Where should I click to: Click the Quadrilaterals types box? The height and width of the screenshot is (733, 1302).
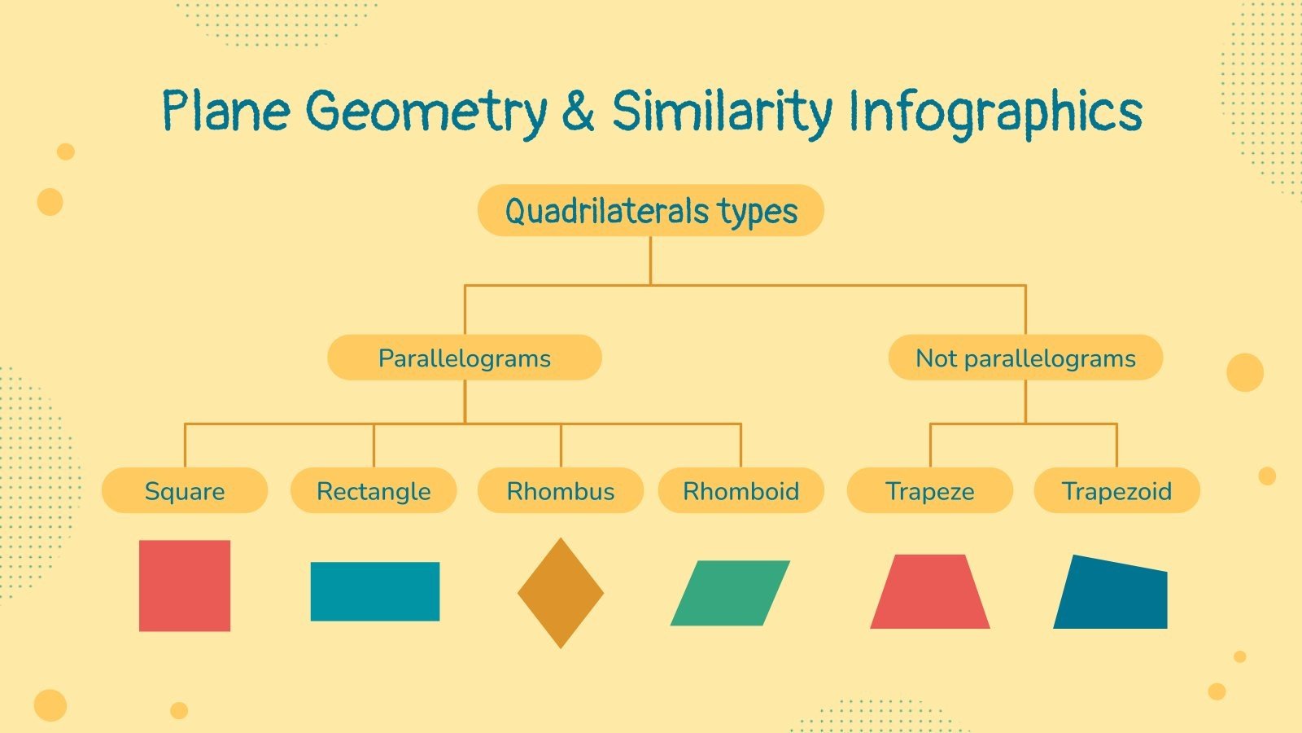click(650, 211)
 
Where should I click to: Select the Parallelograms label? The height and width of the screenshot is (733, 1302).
click(464, 358)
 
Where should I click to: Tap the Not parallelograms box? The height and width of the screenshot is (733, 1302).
click(1025, 358)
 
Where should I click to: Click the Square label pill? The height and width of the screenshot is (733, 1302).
click(185, 490)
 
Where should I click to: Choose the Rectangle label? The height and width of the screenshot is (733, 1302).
click(374, 490)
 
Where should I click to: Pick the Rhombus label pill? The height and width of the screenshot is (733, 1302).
click(561, 490)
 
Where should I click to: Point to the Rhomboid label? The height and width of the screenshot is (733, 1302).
click(741, 490)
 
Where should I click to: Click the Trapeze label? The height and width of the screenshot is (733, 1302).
click(930, 490)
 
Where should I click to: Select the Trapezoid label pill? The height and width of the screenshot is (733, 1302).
click(1116, 490)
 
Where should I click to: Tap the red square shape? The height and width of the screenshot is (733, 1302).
click(185, 586)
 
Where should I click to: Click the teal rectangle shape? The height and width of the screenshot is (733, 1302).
click(375, 591)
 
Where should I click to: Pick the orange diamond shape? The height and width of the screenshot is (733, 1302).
click(561, 593)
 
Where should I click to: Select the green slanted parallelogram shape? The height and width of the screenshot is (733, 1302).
click(730, 593)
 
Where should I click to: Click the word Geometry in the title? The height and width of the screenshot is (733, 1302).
click(428, 112)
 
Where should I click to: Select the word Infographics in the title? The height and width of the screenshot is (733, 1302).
click(994, 112)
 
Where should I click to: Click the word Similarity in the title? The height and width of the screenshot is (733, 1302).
click(722, 112)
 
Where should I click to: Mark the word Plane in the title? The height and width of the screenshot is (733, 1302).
click(225, 112)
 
